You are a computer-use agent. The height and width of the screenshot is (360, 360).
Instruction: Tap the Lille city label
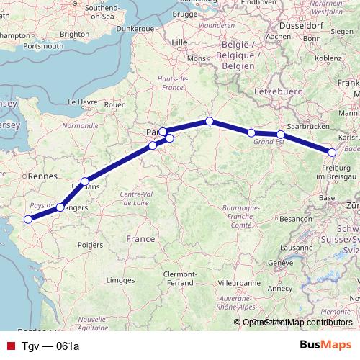click(x=179, y=43)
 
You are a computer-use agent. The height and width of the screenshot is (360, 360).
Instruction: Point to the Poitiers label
click(x=90, y=245)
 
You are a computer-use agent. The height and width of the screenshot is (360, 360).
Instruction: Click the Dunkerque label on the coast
click(x=135, y=27)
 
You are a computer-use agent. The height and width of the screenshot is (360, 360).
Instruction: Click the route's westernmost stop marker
click(x=28, y=219)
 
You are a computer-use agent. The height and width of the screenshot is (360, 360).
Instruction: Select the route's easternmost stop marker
click(x=332, y=152)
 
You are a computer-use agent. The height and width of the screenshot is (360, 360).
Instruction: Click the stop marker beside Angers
click(x=60, y=207)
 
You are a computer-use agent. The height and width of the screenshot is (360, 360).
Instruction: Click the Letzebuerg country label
click(x=279, y=93)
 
